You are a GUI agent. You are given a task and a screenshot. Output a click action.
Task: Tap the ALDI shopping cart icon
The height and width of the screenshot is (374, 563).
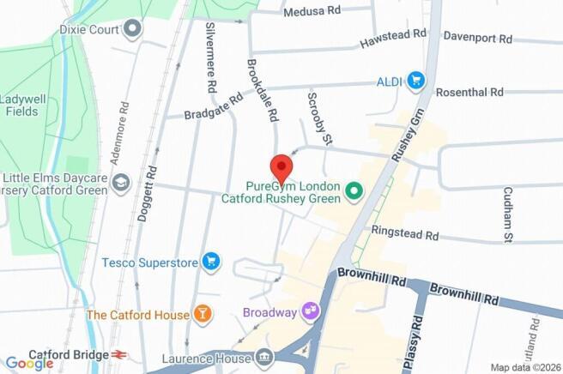(x=416, y=81)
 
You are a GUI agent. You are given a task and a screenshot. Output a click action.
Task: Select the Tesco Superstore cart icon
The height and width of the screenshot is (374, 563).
(x=210, y=261)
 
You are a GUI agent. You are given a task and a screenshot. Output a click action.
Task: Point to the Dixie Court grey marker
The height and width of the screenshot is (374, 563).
(x=131, y=30)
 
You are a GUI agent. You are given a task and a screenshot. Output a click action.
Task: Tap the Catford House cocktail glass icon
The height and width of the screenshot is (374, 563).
(x=202, y=315)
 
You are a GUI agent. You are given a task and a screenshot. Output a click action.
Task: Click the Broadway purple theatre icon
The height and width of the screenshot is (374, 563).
(x=308, y=312)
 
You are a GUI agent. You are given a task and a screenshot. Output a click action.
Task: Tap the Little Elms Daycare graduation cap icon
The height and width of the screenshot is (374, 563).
(x=121, y=182)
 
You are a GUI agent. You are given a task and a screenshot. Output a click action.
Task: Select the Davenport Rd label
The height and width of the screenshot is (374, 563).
(x=477, y=39)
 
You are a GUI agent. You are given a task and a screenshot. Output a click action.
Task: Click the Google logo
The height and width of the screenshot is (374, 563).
(x=29, y=363)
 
